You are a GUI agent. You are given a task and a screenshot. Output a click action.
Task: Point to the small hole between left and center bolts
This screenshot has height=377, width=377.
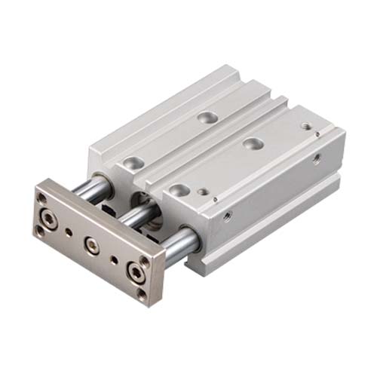pos(71,233)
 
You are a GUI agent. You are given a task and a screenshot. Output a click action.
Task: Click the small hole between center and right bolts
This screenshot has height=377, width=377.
pos(114,259)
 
